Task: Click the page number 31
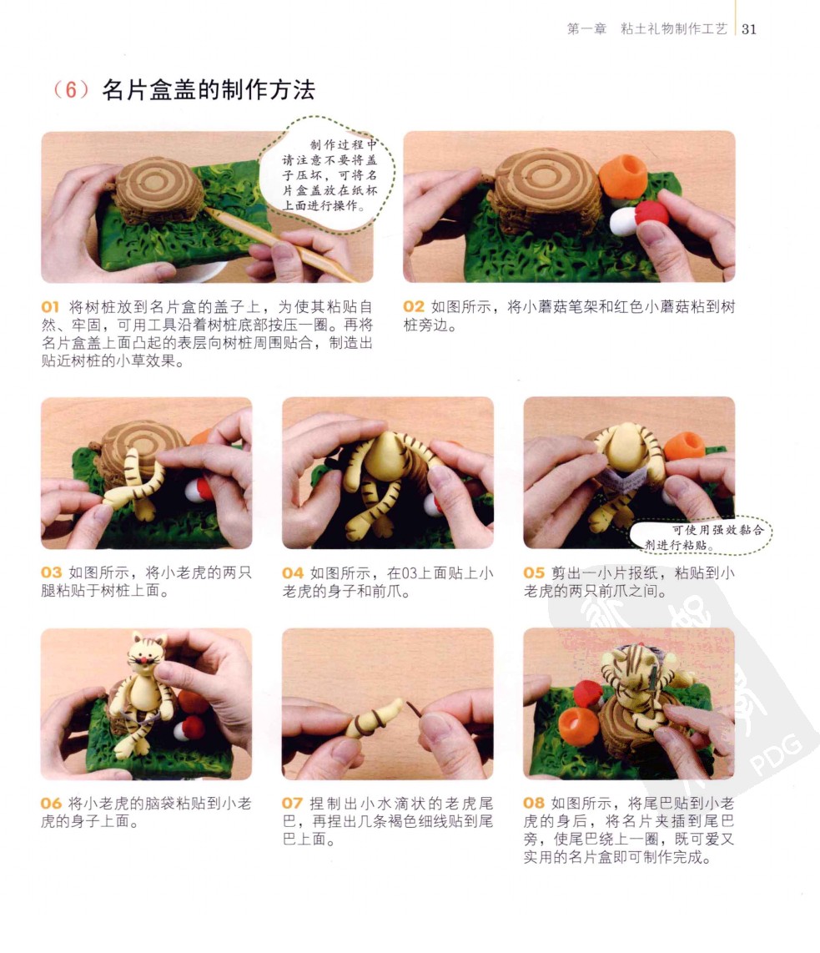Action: pyautogui.click(x=749, y=29)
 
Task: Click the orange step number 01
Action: pyautogui.click(x=50, y=307)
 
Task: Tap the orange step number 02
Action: pyautogui.click(x=413, y=307)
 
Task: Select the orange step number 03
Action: pyautogui.click(x=51, y=572)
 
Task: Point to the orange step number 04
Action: pyautogui.click(x=292, y=572)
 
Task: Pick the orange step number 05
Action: pyautogui.click(x=533, y=572)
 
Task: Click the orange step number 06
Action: pyautogui.click(x=51, y=804)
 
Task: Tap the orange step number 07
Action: pyautogui.click(x=292, y=804)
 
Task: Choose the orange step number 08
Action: pyautogui.click(x=533, y=804)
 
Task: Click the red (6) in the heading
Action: pyautogui.click(x=71, y=90)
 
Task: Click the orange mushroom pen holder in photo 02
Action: pyautogui.click(x=623, y=175)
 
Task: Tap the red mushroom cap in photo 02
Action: pyautogui.click(x=651, y=214)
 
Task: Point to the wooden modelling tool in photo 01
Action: pyautogui.click(x=279, y=245)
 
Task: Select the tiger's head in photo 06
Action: pyautogui.click(x=147, y=654)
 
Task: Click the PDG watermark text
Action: pyautogui.click(x=775, y=755)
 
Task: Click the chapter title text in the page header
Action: pyautogui.click(x=646, y=29)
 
